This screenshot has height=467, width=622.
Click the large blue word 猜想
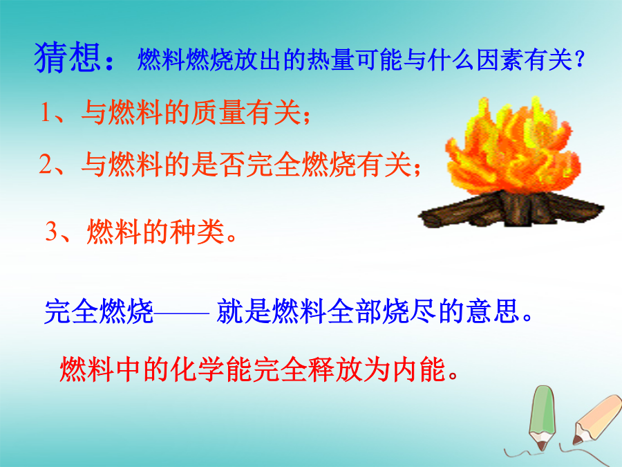[x=67, y=57]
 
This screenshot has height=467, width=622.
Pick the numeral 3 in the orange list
[x=51, y=230]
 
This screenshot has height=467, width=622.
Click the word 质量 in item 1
[x=218, y=112]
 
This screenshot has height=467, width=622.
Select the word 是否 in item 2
[x=218, y=164]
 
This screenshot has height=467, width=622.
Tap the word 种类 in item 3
[x=197, y=231]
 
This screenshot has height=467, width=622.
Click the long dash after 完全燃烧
[x=181, y=313]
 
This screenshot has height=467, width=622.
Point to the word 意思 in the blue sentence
[x=493, y=311]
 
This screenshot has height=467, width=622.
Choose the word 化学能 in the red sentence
[x=211, y=369]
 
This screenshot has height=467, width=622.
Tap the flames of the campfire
[x=511, y=147]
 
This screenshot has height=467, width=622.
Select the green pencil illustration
[x=542, y=417]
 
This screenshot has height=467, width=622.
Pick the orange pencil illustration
[x=596, y=419]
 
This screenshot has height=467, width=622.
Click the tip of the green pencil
[x=541, y=450]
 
